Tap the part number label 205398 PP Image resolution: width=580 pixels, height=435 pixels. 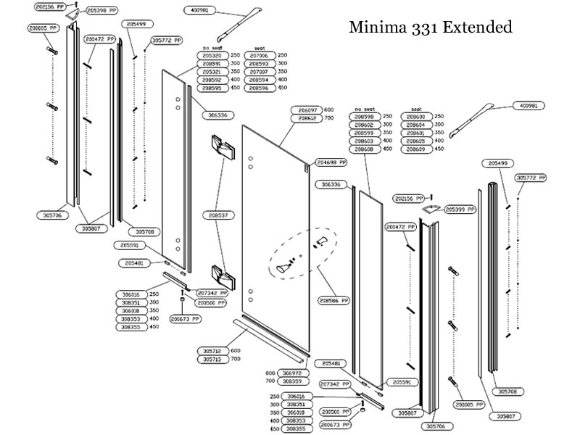[x=102, y=11]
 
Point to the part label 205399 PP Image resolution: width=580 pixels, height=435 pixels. [x=461, y=209]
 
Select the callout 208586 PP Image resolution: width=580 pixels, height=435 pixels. [x=334, y=299]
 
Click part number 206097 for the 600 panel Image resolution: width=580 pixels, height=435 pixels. [x=306, y=109]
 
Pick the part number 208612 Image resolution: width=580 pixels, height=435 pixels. [x=306, y=117]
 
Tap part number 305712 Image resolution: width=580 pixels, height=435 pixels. [x=212, y=350]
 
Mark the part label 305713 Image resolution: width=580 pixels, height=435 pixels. [x=212, y=359]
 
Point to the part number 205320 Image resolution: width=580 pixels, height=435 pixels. [x=212, y=55]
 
